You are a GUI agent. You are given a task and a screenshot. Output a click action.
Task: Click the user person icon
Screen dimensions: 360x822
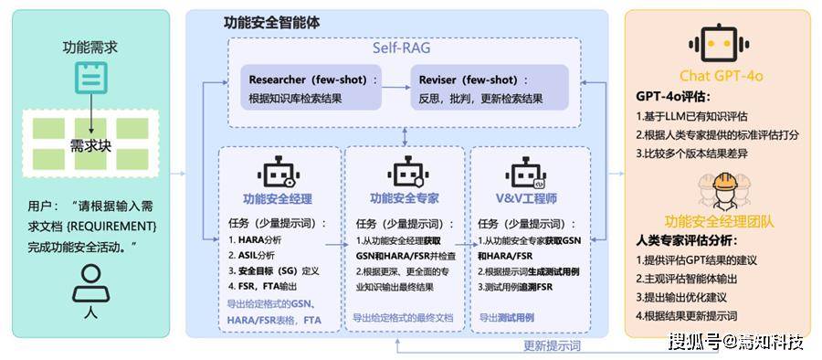90,288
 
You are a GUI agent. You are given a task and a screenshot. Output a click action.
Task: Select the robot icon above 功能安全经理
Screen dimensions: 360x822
278,174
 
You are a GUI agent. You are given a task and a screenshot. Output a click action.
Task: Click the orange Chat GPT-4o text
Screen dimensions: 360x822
717,76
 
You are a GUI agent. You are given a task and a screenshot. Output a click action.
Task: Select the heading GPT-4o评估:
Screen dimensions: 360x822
673,96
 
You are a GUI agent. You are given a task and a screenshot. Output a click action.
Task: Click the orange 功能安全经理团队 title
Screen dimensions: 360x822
717,220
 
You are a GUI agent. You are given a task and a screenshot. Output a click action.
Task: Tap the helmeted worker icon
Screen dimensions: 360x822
717,191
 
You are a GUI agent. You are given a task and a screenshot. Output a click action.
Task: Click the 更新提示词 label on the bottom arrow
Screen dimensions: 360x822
553,346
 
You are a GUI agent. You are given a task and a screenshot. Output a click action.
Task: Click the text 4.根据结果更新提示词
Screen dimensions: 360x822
687,315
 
